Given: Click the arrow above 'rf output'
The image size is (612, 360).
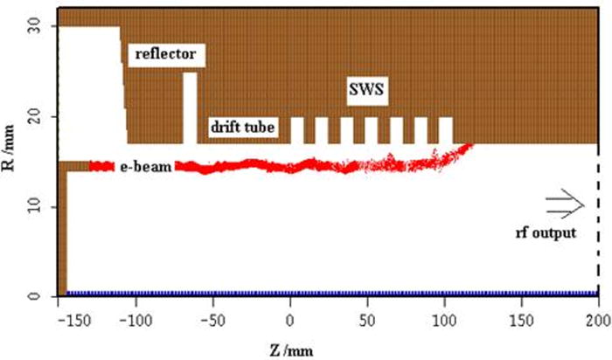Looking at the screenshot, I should coord(563,204).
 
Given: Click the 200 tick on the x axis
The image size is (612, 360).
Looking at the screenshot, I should coord(598,313).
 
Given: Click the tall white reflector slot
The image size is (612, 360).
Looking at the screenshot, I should coord(190,108).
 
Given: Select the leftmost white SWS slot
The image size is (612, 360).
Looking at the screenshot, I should coord(296,130).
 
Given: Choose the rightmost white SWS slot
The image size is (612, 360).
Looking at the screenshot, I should coord(446,130).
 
